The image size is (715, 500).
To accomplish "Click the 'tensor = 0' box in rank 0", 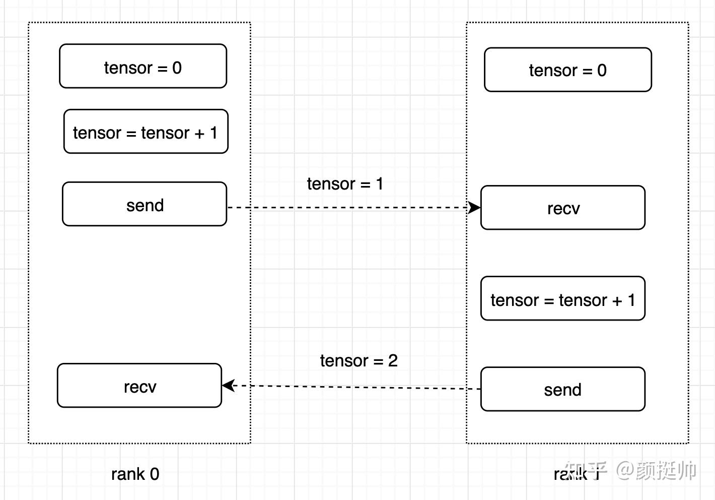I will pyautogui.click(x=143, y=67).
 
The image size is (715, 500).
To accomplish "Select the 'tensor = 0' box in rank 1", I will pyautogui.click(x=567, y=70).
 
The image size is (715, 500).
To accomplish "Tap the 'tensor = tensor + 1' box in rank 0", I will pyautogui.click(x=146, y=132).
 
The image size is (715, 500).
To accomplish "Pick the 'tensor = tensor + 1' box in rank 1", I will pyautogui.click(x=562, y=299).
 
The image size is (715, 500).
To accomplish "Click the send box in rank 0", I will pyautogui.click(x=145, y=205).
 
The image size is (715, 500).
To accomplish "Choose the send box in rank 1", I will pyautogui.click(x=562, y=389).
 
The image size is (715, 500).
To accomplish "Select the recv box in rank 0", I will pyautogui.click(x=139, y=386).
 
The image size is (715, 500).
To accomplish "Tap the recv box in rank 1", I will pyautogui.click(x=562, y=208).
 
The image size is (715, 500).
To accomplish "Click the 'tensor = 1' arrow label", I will pyautogui.click(x=345, y=184).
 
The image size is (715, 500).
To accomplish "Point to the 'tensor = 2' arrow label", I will pyautogui.click(x=359, y=360).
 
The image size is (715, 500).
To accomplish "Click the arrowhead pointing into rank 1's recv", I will pyautogui.click(x=474, y=207).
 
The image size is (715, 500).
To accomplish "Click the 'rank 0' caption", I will pyautogui.click(x=135, y=474).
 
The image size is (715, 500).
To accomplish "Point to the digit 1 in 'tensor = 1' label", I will pyautogui.click(x=380, y=184).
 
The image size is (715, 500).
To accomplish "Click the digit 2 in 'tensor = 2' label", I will pyautogui.click(x=393, y=360).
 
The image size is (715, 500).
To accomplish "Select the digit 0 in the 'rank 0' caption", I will pyautogui.click(x=154, y=474).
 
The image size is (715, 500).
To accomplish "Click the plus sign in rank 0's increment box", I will pyautogui.click(x=199, y=133).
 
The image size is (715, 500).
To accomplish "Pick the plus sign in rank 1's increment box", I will pyautogui.click(x=617, y=300).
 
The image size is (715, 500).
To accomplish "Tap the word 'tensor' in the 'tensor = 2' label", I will pyautogui.click(x=344, y=360).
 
